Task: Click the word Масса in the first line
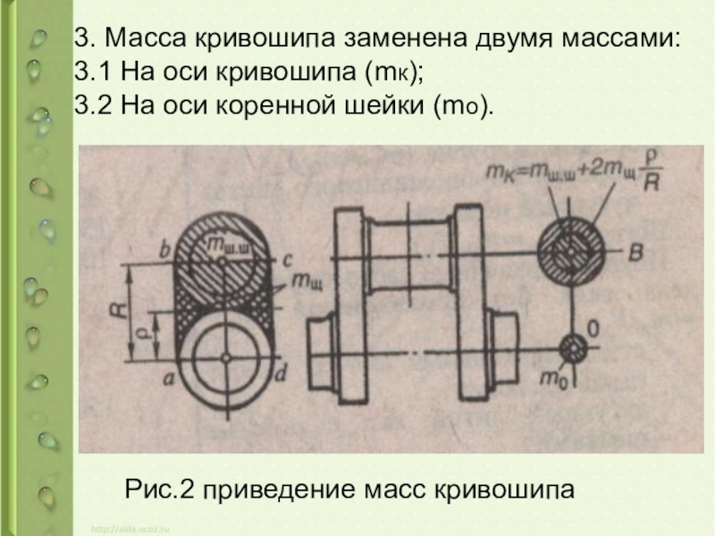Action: [139, 40]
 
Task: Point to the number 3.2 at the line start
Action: [91, 105]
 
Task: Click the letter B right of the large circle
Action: [635, 254]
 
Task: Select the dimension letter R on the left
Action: [116, 312]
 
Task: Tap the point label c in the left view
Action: [287, 259]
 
